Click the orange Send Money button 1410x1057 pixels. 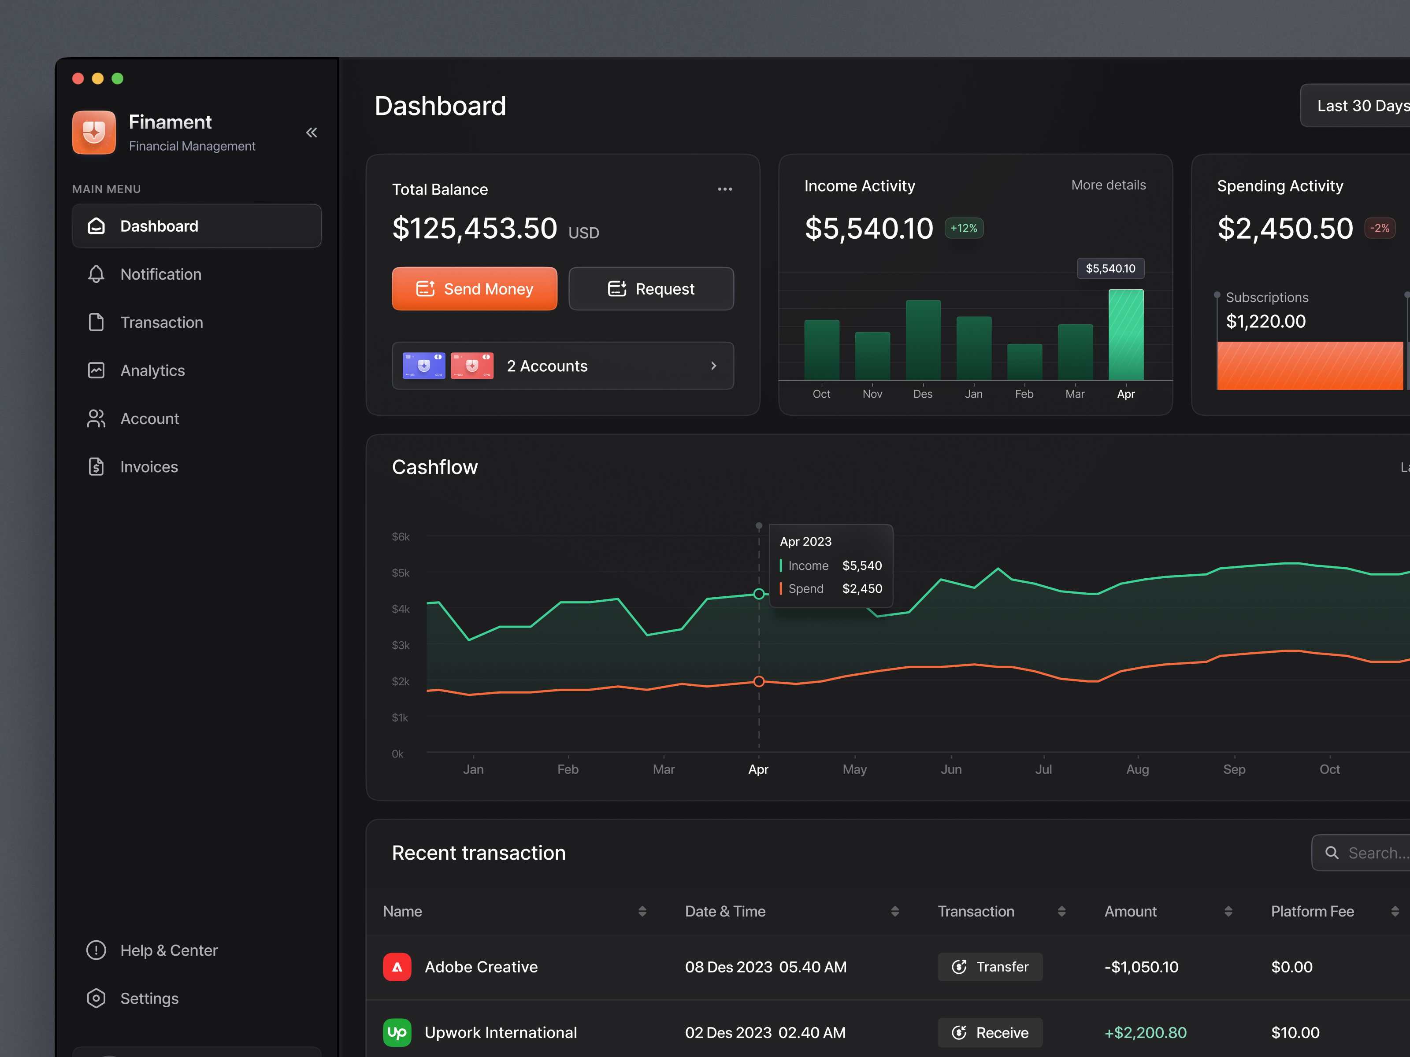pyautogui.click(x=474, y=288)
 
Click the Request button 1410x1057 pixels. pyautogui.click(x=651, y=288)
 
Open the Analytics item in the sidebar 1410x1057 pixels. pyautogui.click(x=152, y=370)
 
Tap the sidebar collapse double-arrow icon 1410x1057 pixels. pyautogui.click(x=311, y=133)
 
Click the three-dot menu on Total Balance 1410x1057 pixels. pyautogui.click(x=725, y=189)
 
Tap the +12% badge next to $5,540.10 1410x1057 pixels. pyautogui.click(x=963, y=228)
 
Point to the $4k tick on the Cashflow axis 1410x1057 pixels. pyautogui.click(x=401, y=609)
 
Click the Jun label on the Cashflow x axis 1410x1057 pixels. pyautogui.click(x=951, y=769)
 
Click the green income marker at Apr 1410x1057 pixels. pyautogui.click(x=759, y=594)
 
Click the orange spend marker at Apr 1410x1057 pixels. pyautogui.click(x=759, y=681)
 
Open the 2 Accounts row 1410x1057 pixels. pyautogui.click(x=562, y=366)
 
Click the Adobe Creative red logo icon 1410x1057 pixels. pyautogui.click(x=397, y=967)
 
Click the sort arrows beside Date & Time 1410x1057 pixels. pyautogui.click(x=894, y=911)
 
